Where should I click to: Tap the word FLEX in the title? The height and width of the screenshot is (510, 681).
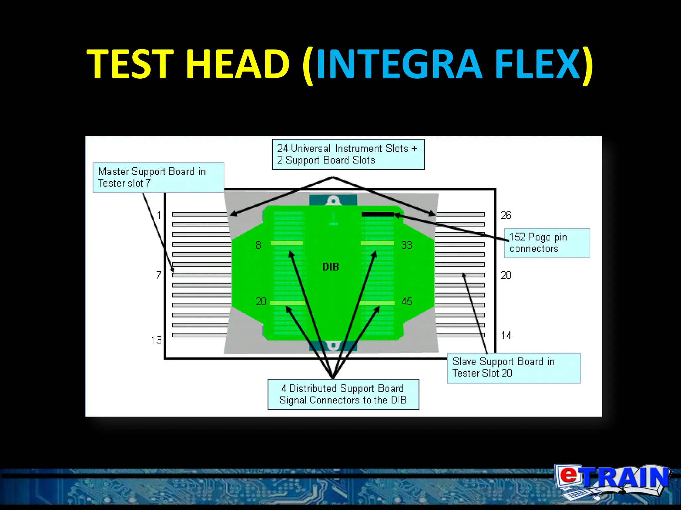(x=537, y=64)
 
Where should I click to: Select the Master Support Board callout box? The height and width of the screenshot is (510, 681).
(x=158, y=177)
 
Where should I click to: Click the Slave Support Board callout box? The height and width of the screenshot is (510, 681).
(x=514, y=368)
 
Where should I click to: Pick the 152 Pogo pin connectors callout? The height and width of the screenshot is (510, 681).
(x=547, y=243)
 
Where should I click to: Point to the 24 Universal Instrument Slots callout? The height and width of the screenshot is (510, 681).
(x=348, y=154)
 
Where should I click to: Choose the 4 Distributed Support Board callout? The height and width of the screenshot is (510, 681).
(x=343, y=394)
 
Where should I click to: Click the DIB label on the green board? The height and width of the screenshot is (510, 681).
(x=331, y=267)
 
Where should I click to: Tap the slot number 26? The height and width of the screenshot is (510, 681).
(x=506, y=215)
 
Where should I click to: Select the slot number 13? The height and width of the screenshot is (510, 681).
(x=156, y=340)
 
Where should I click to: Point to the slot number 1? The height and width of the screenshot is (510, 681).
(x=159, y=215)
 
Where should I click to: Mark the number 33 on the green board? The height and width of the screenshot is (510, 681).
(x=406, y=245)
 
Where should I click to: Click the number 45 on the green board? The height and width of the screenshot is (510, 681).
(x=406, y=301)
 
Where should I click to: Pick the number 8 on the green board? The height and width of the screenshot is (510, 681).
(x=258, y=245)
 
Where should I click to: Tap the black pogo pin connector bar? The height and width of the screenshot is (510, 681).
(x=377, y=214)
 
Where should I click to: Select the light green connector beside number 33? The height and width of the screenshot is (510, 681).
(x=377, y=243)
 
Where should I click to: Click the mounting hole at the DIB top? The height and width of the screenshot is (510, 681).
(x=333, y=201)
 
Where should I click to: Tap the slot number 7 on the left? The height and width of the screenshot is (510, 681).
(x=159, y=275)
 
